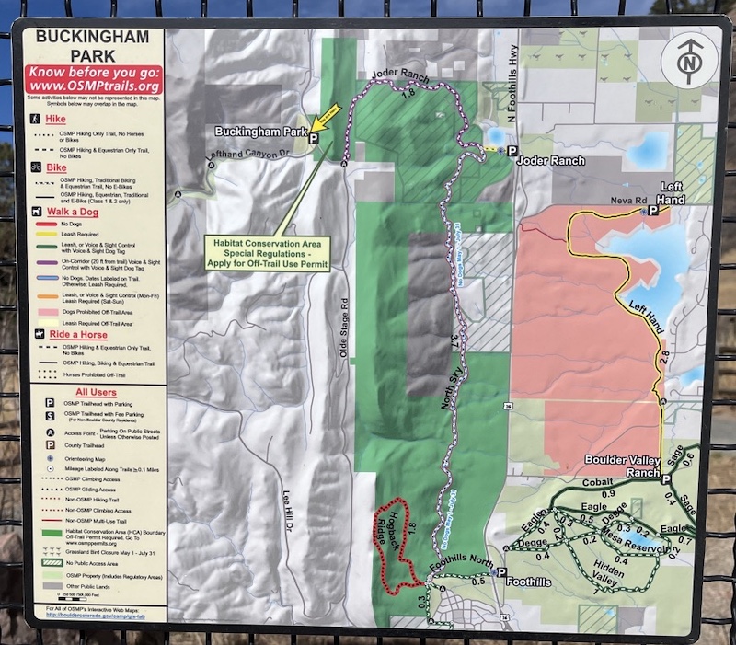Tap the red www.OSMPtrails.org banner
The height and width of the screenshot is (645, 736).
pyautogui.click(x=95, y=79)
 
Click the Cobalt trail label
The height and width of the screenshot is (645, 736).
pyautogui.click(x=598, y=483)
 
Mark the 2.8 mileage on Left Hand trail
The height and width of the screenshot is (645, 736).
pyautogui.click(x=663, y=355)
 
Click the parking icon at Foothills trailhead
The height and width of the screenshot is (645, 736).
pyautogui.click(x=498, y=572)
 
